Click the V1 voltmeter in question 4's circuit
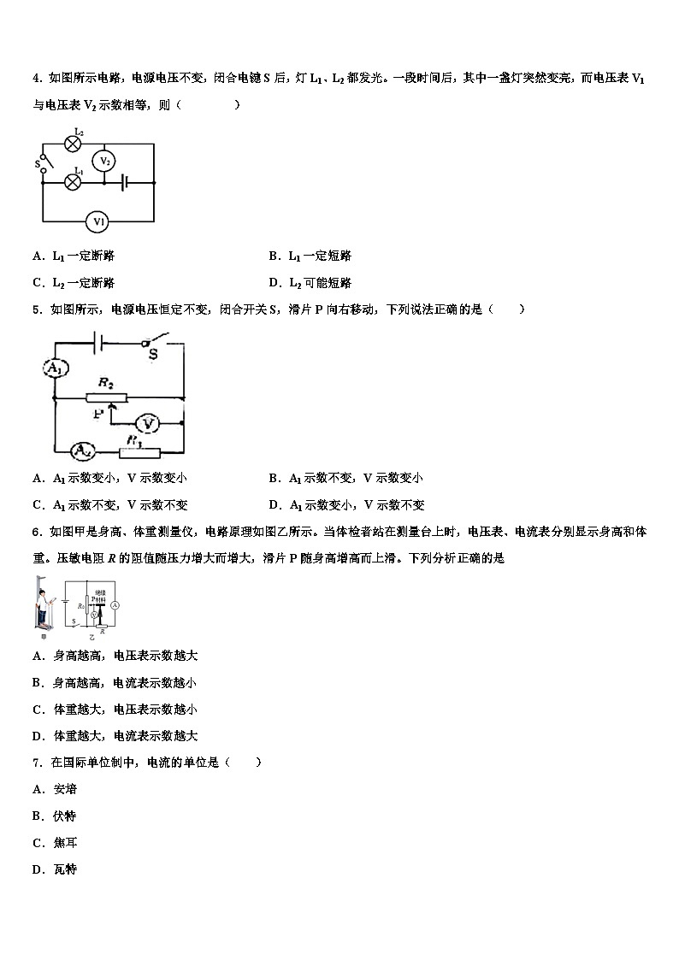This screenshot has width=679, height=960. click(97, 222)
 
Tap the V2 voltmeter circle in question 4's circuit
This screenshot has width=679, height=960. click(103, 160)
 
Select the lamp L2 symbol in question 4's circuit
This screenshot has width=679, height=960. click(73, 143)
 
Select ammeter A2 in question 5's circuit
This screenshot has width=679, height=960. click(82, 450)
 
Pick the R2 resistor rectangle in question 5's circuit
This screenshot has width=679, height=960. click(107, 398)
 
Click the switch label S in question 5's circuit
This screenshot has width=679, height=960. click(153, 353)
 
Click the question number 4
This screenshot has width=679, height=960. click(36, 79)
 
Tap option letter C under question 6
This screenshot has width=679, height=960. click(38, 710)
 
